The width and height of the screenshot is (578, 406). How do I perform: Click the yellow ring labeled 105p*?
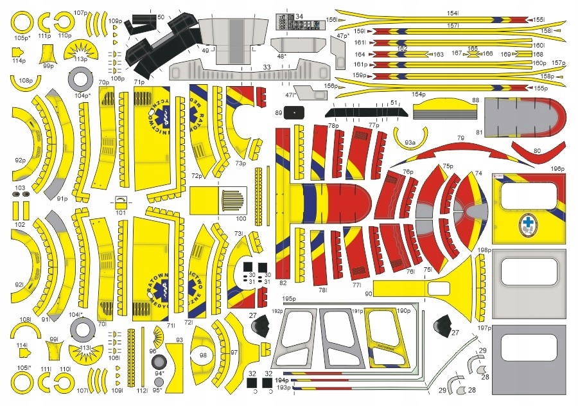pos(22,24)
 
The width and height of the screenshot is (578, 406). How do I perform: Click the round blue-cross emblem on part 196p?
pos(528,223)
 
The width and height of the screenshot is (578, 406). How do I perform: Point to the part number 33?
pos(267,66)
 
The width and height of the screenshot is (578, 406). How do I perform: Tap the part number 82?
pos(283,283)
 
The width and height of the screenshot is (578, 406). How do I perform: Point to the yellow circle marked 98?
pos(203,355)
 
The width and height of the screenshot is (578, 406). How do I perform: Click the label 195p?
pos(288,299)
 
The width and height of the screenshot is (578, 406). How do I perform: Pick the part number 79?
pos(460,139)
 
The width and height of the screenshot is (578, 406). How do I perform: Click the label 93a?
pos(410,142)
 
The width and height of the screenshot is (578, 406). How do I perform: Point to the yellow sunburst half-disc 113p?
pos(80,50)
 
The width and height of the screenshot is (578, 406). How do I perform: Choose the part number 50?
pos(161,17)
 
